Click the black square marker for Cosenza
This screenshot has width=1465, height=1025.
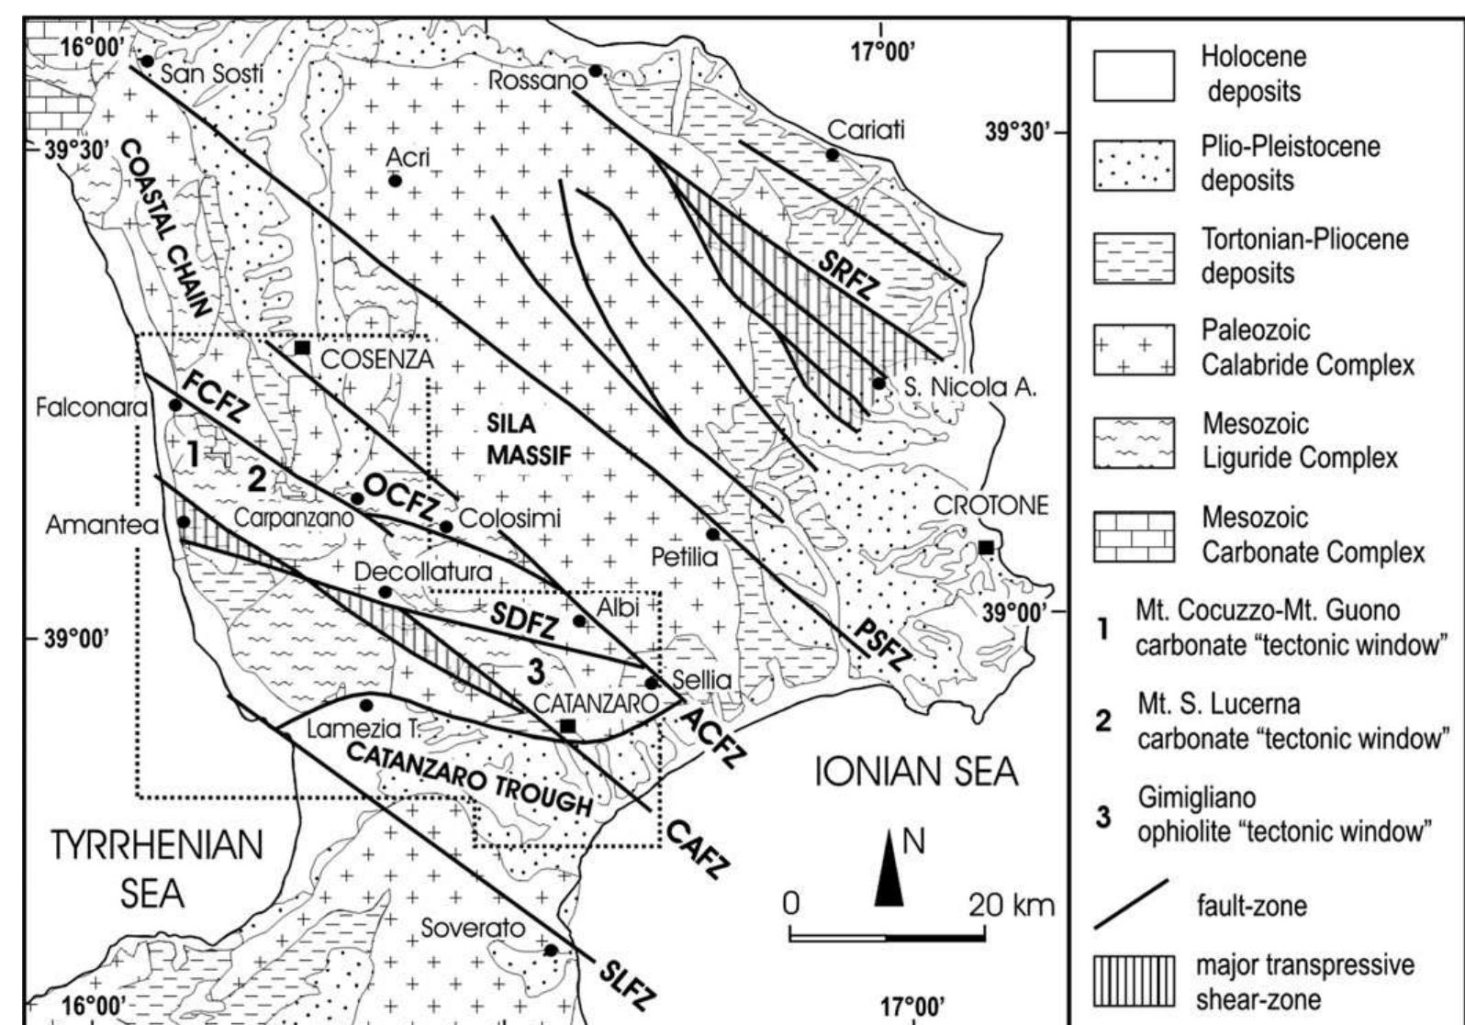[x=301, y=348]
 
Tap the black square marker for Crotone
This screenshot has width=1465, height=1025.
[x=986, y=548]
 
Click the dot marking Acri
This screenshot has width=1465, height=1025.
[x=395, y=181]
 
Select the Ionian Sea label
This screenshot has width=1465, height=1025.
[x=917, y=773]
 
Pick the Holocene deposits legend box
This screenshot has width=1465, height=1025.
[x=1134, y=74]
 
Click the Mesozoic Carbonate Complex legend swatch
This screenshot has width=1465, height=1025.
[x=1134, y=536]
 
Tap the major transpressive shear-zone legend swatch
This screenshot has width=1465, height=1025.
[x=1134, y=980]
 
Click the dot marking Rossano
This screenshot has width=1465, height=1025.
[x=596, y=71]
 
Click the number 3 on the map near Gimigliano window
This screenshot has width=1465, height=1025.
[x=537, y=673]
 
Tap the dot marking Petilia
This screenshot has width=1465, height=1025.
[x=712, y=534]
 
